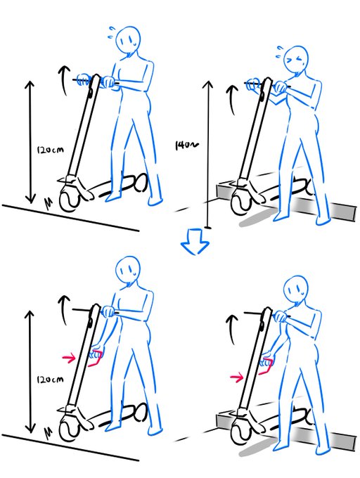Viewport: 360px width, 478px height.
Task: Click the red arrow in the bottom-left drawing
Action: tap(69, 358)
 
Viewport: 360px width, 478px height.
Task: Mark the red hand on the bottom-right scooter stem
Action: tap(265, 364)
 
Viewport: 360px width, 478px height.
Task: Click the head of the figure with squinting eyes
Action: tap(296, 62)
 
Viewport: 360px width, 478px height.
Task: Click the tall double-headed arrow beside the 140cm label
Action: tap(207, 155)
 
